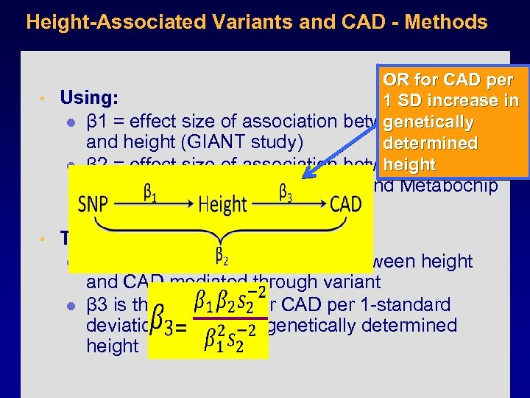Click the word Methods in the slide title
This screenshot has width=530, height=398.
coord(450,22)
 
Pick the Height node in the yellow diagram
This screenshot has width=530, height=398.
coord(222,204)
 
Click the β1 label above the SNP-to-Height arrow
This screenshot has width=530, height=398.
coord(149,192)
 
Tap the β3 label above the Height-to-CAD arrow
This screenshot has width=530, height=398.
coord(289,192)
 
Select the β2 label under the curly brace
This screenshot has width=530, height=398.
coord(221,255)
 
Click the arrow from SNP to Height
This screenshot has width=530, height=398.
coord(151,206)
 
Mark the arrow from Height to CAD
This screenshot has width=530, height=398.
coord(289,206)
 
